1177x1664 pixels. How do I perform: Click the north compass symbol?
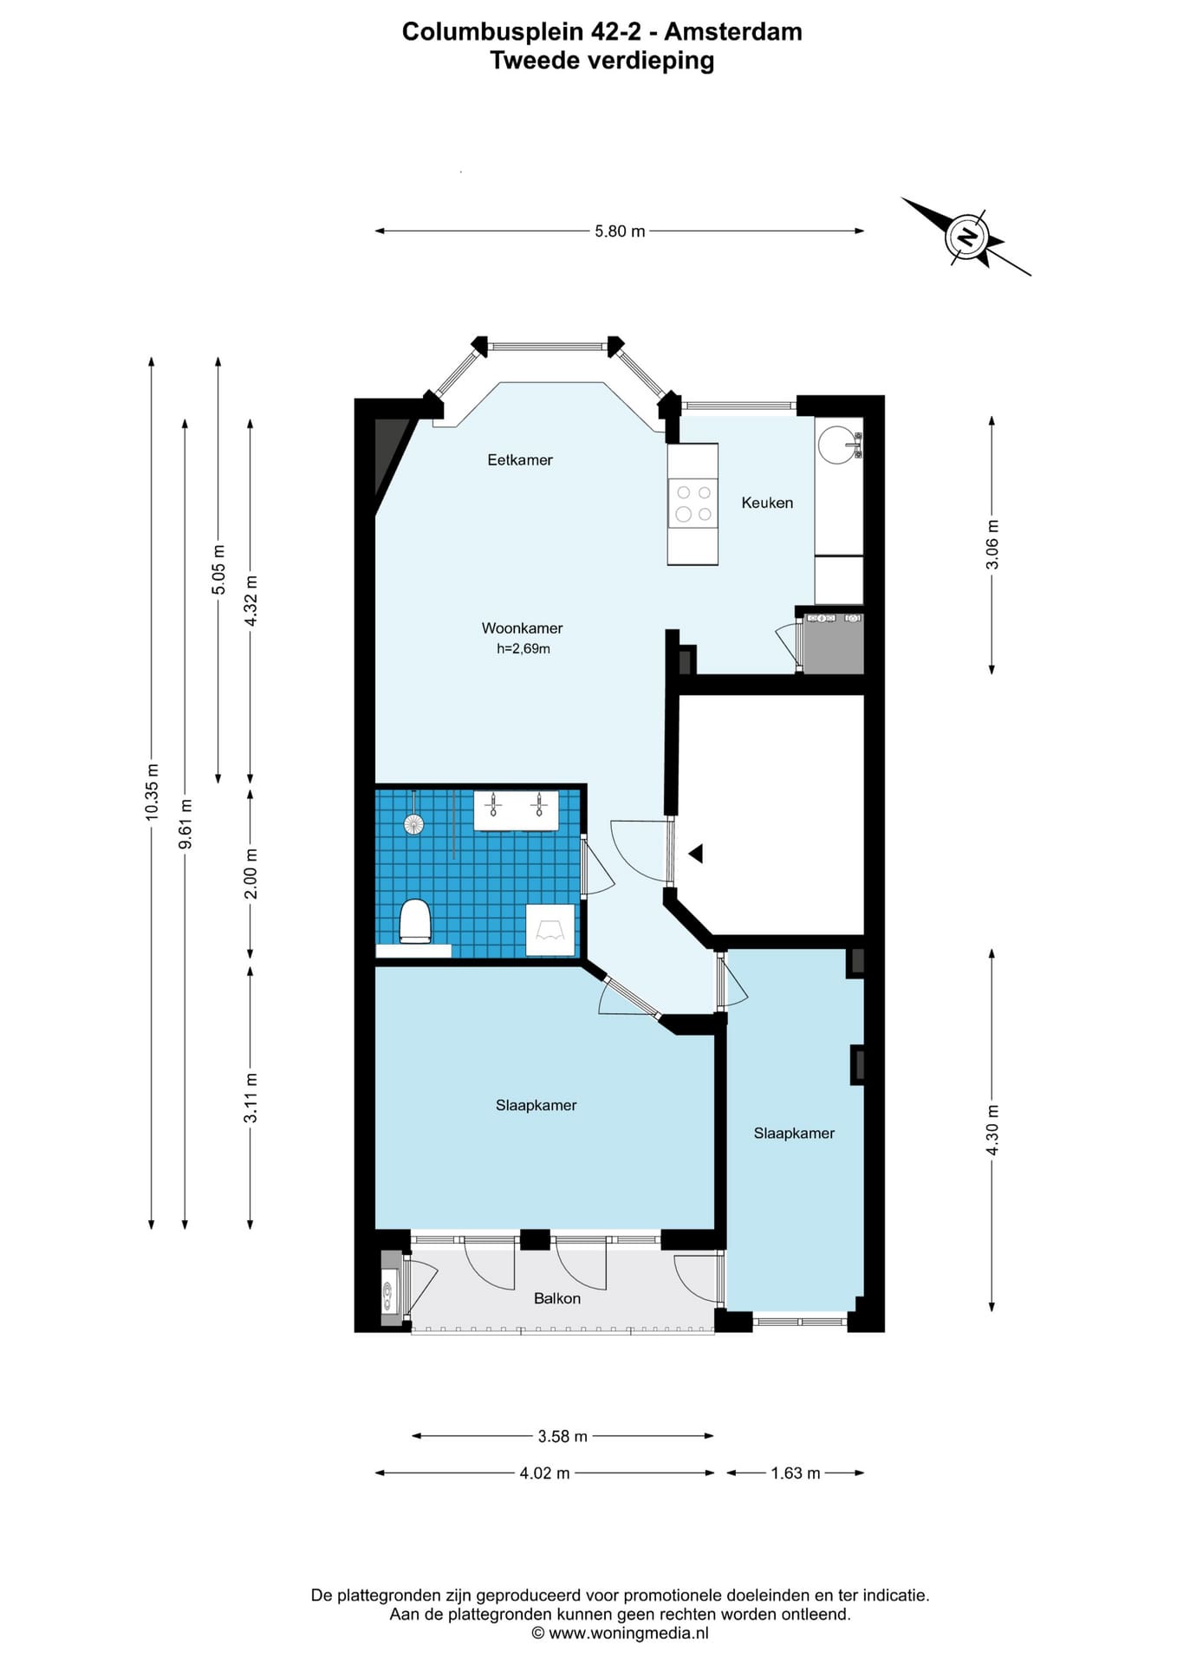[x=967, y=236]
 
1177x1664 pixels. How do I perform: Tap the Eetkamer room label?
[x=520, y=460]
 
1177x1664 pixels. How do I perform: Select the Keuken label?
[x=767, y=503]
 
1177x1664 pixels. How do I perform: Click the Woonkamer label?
[x=523, y=628]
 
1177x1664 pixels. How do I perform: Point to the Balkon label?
[x=557, y=1298]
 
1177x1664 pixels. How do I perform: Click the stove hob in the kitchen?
[x=693, y=504]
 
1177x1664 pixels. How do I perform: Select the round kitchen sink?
[x=839, y=444]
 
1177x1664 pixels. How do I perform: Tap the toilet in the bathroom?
[x=415, y=922]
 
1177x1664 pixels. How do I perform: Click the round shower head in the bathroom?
[x=414, y=823]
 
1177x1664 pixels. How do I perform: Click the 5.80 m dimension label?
[x=620, y=231]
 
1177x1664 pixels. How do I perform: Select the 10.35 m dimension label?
[x=153, y=790]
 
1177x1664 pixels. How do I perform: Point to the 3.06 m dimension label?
[x=992, y=544]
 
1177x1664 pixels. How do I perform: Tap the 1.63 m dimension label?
[x=796, y=1473]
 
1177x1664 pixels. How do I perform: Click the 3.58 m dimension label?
[x=562, y=1437]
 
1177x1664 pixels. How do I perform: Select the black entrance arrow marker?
[x=695, y=854]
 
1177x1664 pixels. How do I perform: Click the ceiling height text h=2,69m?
[x=523, y=648]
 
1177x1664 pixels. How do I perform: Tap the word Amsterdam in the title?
[x=733, y=32]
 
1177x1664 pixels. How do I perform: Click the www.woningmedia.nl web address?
[x=629, y=1634]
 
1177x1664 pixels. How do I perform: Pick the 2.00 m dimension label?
[x=251, y=873]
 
